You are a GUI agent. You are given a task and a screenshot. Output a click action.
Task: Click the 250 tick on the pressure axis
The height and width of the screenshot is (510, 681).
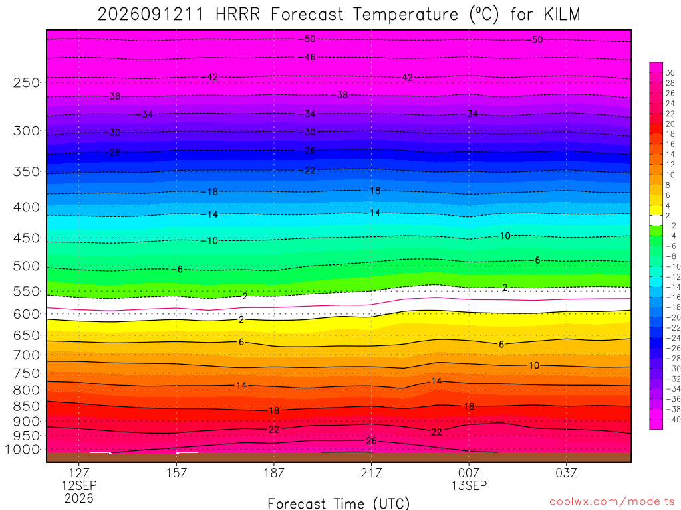coord(27,82)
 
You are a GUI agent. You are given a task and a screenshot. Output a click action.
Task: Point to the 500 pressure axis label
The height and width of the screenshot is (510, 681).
coord(27,266)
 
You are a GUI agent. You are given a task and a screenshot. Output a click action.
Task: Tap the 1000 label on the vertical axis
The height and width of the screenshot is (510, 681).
coord(23,450)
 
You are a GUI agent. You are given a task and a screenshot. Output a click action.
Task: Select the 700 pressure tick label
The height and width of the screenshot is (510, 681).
coord(27,355)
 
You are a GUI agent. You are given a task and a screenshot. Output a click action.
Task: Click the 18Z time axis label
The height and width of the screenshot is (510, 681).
coord(274,473)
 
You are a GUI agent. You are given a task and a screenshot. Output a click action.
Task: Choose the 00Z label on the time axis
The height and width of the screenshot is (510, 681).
coord(469,473)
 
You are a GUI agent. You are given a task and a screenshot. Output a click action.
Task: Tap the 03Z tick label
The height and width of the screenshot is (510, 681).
coord(567,473)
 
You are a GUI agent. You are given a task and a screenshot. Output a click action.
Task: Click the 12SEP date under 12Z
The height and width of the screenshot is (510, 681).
coord(79,485)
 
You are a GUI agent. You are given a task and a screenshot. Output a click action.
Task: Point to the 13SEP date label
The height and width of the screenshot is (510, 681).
coord(469,485)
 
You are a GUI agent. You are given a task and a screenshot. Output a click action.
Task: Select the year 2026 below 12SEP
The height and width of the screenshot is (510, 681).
coord(79,498)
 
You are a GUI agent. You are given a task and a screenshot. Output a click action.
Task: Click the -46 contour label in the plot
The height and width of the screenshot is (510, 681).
coord(307,57)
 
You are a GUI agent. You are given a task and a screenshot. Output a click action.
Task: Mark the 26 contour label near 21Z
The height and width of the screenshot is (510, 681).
coord(371,441)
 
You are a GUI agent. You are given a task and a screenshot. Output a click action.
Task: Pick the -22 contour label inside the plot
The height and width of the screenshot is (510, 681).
coord(307,171)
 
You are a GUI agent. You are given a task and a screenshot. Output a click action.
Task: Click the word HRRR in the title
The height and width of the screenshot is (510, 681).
coord(237,15)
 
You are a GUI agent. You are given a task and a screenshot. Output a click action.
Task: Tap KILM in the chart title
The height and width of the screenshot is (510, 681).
coord(561,15)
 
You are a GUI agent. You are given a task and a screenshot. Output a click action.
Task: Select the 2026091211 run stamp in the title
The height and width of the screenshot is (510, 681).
coord(150,15)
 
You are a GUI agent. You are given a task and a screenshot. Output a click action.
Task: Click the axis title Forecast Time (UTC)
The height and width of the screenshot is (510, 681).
coord(339,503)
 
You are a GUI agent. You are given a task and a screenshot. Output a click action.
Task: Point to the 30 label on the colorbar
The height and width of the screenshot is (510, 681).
coord(670,73)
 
